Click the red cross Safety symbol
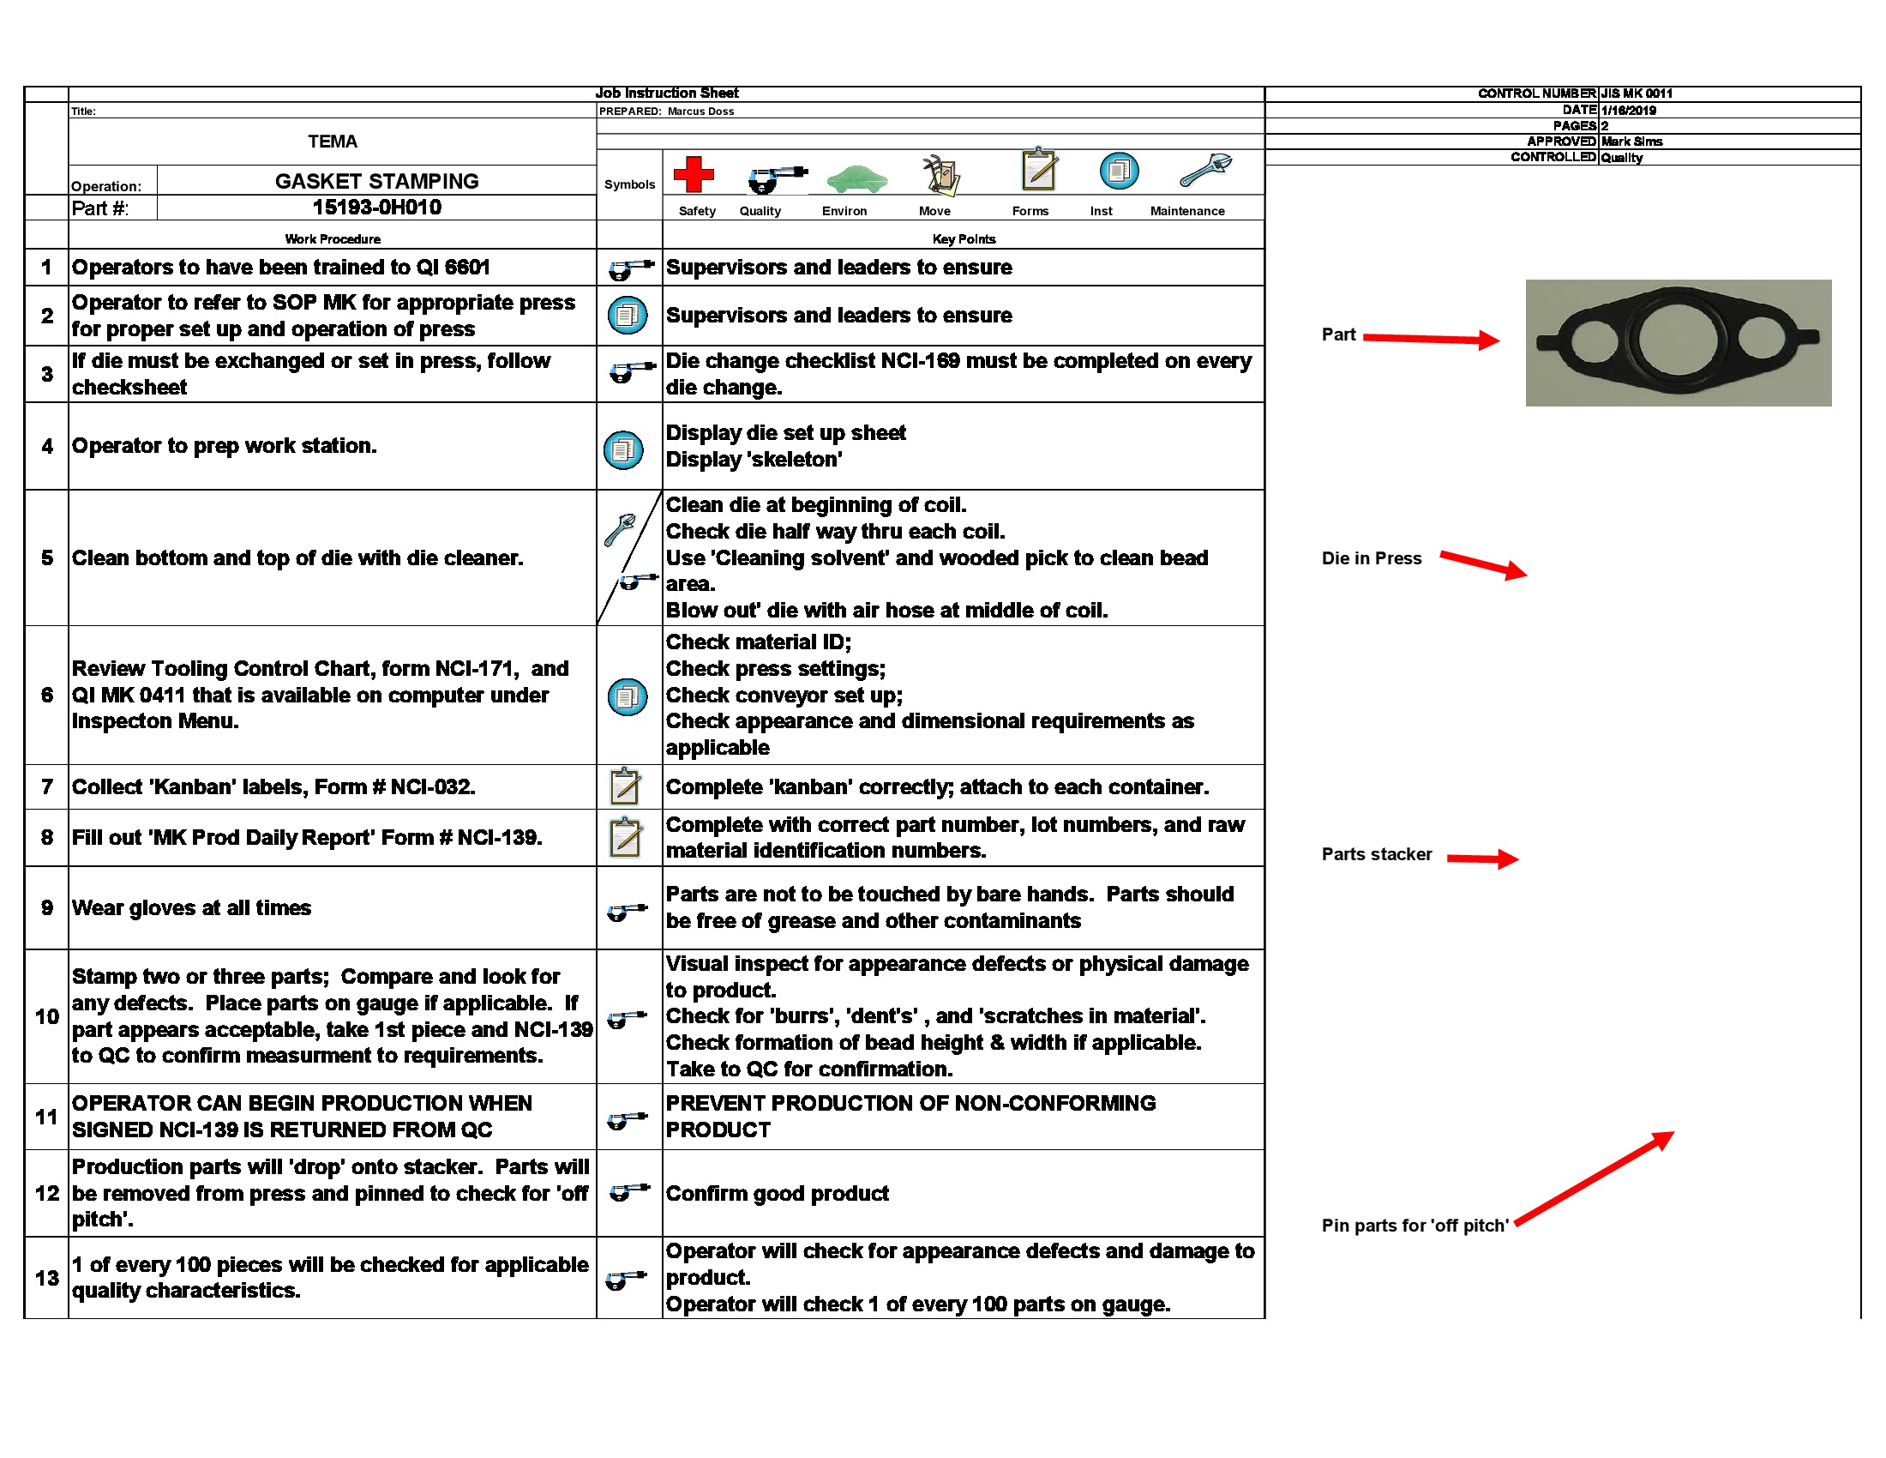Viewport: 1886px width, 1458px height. coord(694,174)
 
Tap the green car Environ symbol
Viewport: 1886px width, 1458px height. coord(856,178)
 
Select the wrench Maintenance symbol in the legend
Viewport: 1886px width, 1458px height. coord(1204,170)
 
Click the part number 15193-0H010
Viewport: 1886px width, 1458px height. coord(376,208)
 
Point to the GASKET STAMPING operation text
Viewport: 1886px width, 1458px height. coord(376,181)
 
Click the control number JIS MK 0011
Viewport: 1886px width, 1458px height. coord(1637,93)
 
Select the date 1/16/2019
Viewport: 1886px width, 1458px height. coord(1628,110)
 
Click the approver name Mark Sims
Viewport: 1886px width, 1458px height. coord(1631,142)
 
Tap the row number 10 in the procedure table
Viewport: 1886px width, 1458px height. coord(46,1016)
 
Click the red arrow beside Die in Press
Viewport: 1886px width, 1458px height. coord(1483,565)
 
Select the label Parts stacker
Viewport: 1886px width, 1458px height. coord(1377,854)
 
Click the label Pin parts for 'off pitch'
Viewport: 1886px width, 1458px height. coord(1414,1226)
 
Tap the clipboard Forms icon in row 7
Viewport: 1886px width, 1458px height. coord(625,786)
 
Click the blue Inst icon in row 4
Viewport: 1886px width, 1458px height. coord(623,449)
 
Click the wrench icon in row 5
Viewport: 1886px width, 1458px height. coord(619,529)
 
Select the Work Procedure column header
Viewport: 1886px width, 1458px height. coord(333,239)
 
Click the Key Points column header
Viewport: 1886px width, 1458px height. coord(964,239)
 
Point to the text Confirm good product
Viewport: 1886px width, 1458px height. coord(777,1194)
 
